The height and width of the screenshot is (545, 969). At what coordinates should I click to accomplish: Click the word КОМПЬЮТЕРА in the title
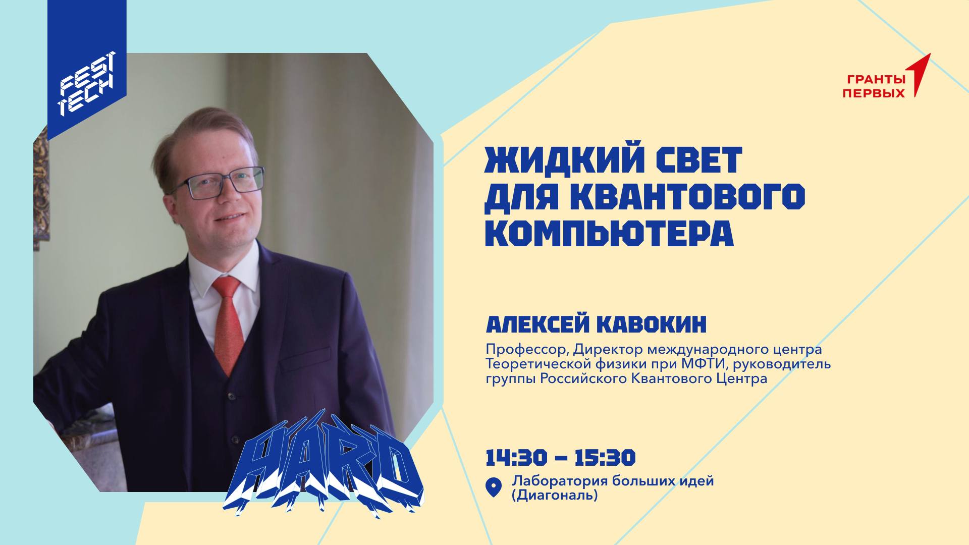(x=609, y=233)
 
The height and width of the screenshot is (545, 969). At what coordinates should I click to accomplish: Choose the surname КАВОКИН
(x=652, y=325)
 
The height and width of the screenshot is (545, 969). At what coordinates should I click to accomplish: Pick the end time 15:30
(x=605, y=458)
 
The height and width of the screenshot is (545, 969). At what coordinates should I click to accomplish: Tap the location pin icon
(x=493, y=487)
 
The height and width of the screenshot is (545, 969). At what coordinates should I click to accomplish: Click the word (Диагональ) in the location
(x=555, y=496)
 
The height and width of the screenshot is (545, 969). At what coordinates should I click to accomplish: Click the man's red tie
(x=227, y=323)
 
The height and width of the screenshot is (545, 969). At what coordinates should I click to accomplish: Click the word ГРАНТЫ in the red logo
(x=876, y=79)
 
